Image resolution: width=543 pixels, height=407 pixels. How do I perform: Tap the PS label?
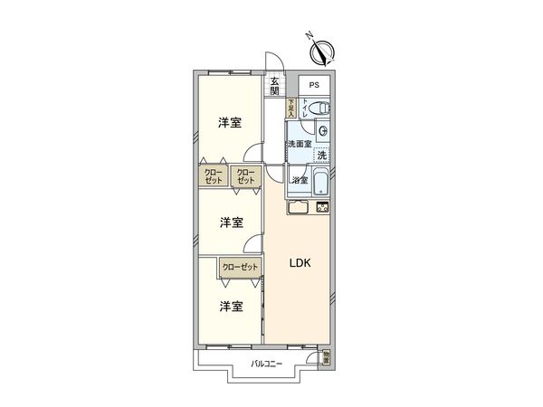[314, 86]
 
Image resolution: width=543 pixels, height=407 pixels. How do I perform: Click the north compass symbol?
[325, 47]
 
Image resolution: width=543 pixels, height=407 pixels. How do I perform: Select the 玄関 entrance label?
[274, 86]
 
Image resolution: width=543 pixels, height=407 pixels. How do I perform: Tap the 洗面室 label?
[300, 145]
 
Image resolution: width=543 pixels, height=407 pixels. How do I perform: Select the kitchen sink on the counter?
[300, 207]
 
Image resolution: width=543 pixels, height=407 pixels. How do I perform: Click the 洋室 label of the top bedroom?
[230, 122]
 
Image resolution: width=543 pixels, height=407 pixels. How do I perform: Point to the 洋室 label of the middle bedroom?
[231, 222]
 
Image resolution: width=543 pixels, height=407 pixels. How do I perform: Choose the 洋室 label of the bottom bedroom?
[231, 307]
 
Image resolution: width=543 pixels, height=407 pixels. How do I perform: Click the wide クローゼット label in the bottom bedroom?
[240, 267]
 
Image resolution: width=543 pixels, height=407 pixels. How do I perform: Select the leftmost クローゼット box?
[213, 175]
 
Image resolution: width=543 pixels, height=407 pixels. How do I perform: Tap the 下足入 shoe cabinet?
[291, 109]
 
